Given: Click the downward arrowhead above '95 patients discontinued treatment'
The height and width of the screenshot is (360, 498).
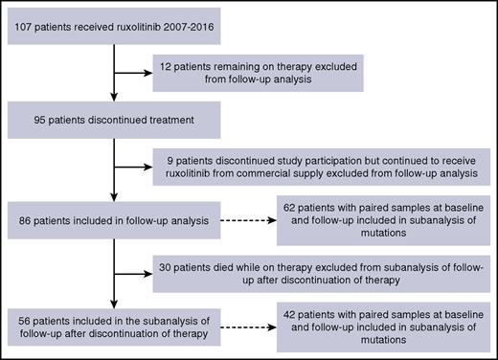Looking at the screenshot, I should coord(115,102).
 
